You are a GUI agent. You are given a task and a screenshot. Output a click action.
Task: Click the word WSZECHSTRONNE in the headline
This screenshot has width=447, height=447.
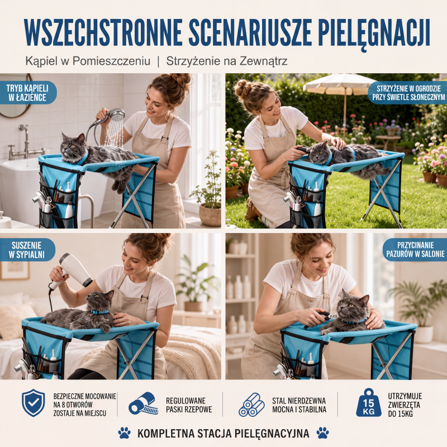point(103,32)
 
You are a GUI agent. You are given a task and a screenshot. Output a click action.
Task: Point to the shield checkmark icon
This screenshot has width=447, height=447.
point(34,402)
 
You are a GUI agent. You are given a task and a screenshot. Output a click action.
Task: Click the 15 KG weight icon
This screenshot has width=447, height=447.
point(369,402)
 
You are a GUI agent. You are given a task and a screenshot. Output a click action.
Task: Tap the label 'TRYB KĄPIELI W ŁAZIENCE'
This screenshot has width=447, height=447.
point(27,93)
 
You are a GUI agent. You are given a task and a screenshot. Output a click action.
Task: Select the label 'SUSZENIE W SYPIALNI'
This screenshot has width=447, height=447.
point(26,250)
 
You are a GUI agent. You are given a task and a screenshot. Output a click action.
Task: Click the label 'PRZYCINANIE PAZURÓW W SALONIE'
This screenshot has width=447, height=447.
point(415,250)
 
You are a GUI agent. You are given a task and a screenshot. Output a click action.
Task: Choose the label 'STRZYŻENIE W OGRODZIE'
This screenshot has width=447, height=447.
point(408,89)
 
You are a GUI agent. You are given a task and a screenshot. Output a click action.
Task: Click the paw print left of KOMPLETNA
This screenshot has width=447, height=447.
point(124,432)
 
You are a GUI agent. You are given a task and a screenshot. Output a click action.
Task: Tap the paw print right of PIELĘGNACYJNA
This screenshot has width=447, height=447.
point(323,432)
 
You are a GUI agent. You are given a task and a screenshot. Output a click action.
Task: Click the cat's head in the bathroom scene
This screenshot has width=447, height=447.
point(72,147)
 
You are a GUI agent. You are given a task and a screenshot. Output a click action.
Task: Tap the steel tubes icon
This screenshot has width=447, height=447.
point(251,405)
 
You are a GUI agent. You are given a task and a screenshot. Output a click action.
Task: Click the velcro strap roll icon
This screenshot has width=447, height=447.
point(143,403)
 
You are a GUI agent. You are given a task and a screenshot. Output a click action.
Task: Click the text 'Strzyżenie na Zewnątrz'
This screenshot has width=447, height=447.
point(227,61)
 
